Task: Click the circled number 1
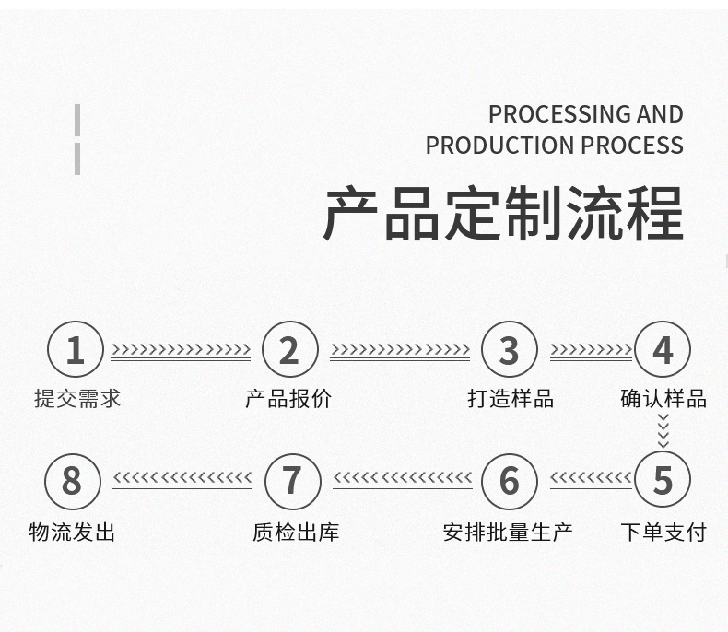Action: (x=76, y=350)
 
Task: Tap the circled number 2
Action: (x=289, y=350)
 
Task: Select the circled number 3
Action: (x=510, y=350)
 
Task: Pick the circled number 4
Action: (x=663, y=350)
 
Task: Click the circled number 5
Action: (x=663, y=480)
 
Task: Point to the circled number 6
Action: (x=510, y=480)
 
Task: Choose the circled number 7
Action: (x=292, y=480)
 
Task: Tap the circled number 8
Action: (x=72, y=480)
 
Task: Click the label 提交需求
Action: (x=77, y=399)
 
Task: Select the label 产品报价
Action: (x=288, y=399)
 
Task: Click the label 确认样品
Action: (x=663, y=399)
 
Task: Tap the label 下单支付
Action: (x=663, y=532)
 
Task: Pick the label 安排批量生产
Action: (x=508, y=532)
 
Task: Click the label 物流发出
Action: (x=73, y=532)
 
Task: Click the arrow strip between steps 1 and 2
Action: (x=182, y=351)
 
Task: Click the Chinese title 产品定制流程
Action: (x=503, y=214)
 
